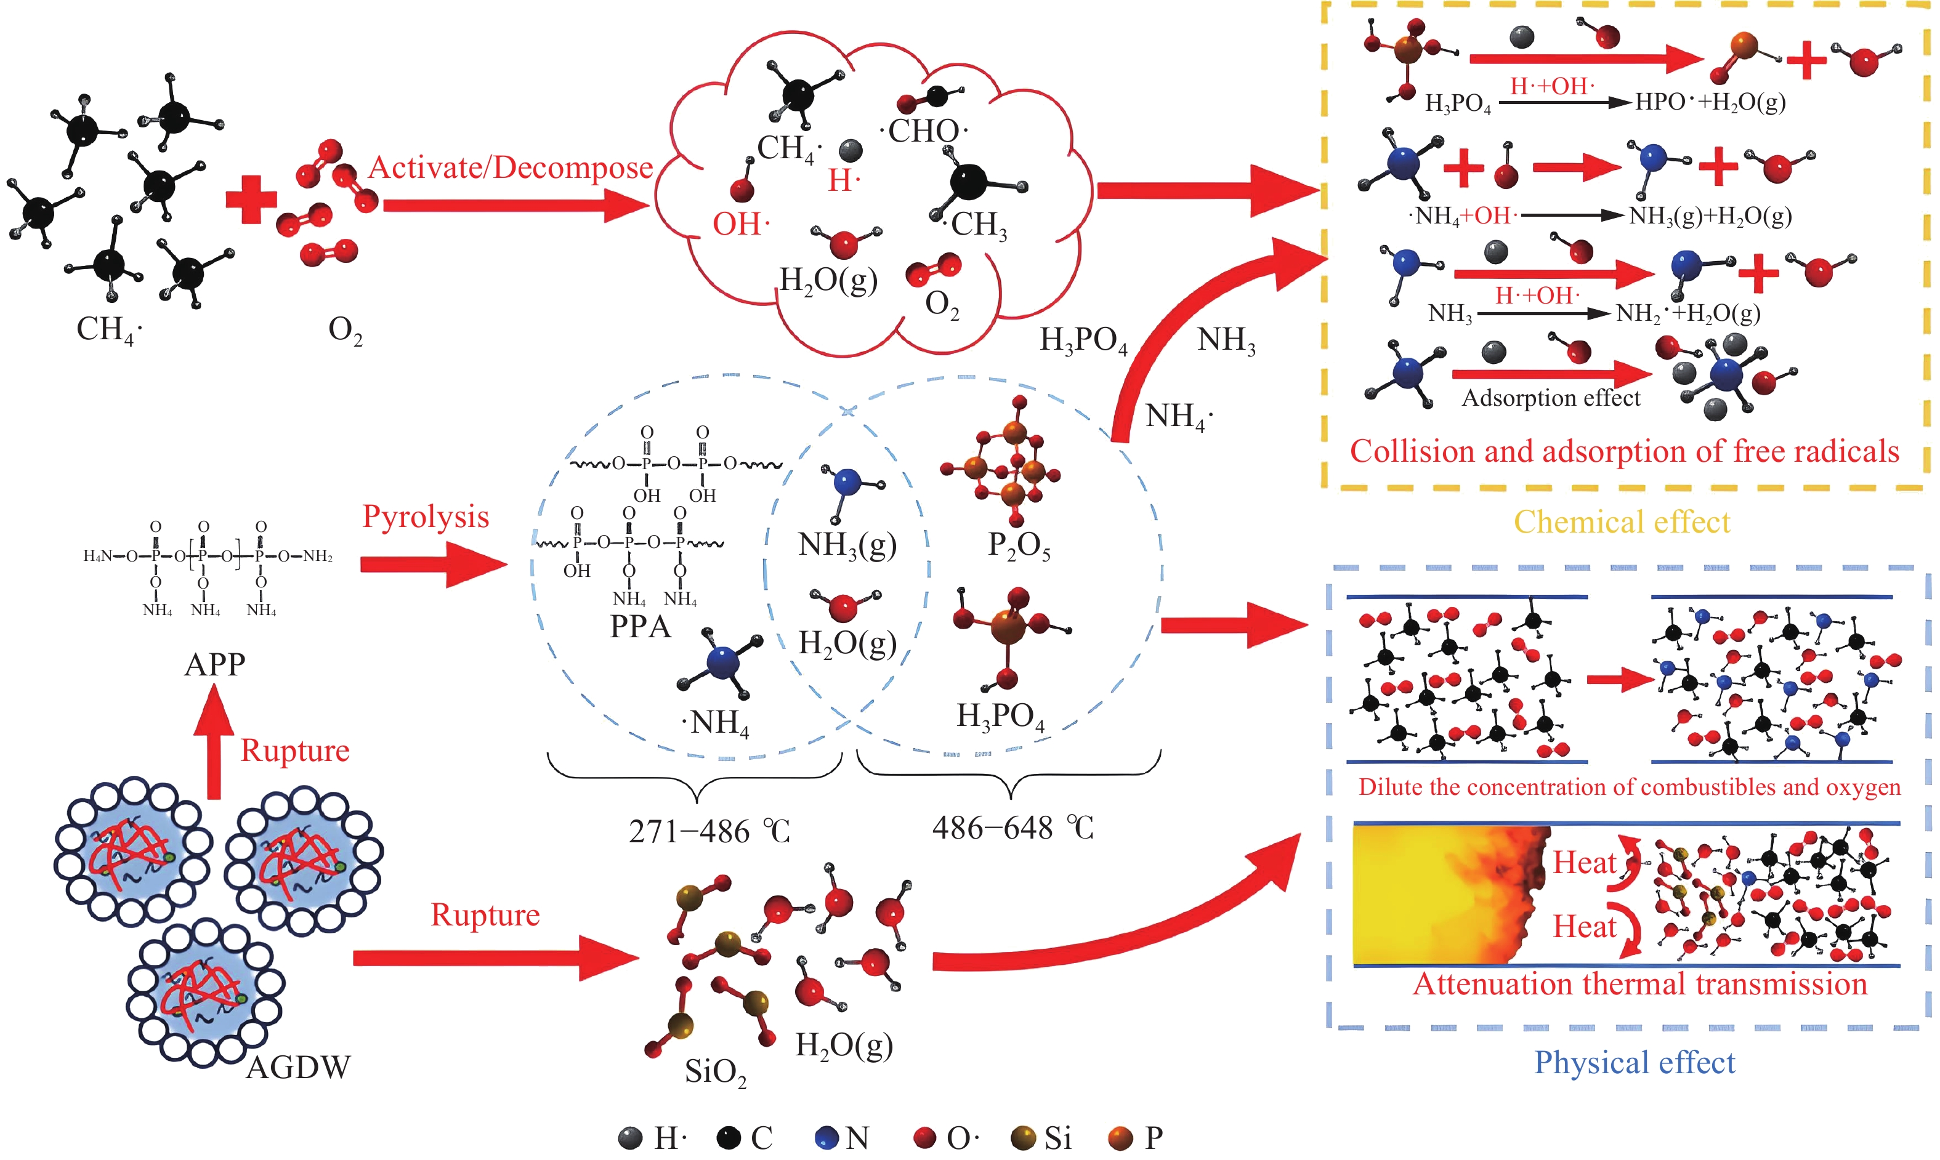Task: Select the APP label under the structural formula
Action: (x=215, y=664)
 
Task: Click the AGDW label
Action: (x=298, y=1067)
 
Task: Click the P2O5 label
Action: (x=1019, y=546)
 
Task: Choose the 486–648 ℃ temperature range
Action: (x=1012, y=828)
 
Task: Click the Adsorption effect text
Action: (x=1551, y=398)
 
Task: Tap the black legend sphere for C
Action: (x=729, y=1138)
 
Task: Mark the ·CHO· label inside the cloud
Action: (x=924, y=131)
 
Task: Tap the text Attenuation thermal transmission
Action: (x=1640, y=984)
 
